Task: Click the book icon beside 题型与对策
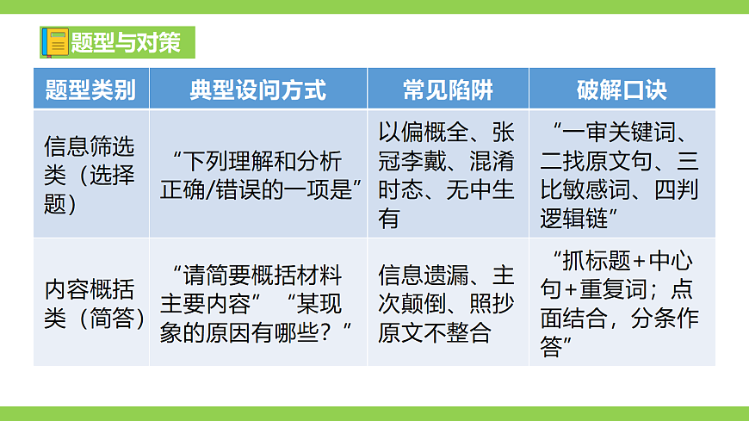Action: coord(57,42)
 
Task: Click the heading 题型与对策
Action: coord(126,42)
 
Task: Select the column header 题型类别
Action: coord(90,90)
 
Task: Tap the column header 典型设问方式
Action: coord(258,90)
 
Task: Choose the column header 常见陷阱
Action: coord(448,90)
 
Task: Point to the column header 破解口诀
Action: coord(622,90)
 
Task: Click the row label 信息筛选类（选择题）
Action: coord(90,175)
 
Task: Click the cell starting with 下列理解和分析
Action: coord(258,175)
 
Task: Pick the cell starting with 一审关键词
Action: coord(622,175)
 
